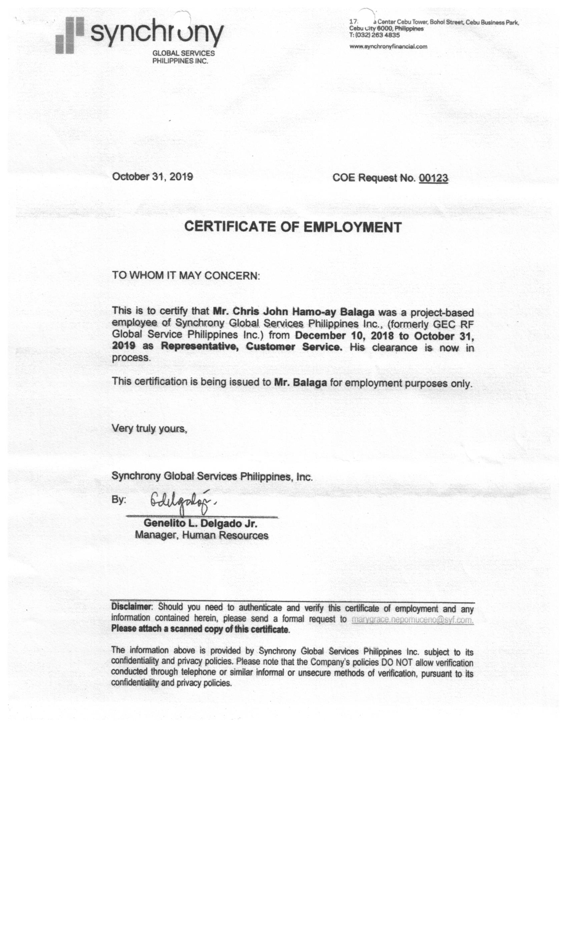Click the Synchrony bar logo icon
pyautogui.click(x=69, y=35)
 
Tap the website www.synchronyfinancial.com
pyautogui.click(x=388, y=47)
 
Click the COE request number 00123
pyautogui.click(x=433, y=178)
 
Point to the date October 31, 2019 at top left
pyautogui.click(x=152, y=177)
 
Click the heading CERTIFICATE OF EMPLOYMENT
pyautogui.click(x=293, y=227)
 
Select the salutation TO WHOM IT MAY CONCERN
pyautogui.click(x=186, y=276)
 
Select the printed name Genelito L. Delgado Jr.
pyautogui.click(x=200, y=523)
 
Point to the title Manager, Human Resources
pyautogui.click(x=201, y=535)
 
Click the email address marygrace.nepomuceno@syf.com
pyautogui.click(x=412, y=620)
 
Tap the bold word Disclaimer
pyautogui.click(x=131, y=606)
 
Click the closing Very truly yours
pyautogui.click(x=149, y=428)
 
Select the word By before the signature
pyautogui.click(x=118, y=500)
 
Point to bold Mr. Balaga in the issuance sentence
pyautogui.click(x=300, y=383)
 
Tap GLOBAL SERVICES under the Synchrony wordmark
pyautogui.click(x=183, y=53)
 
